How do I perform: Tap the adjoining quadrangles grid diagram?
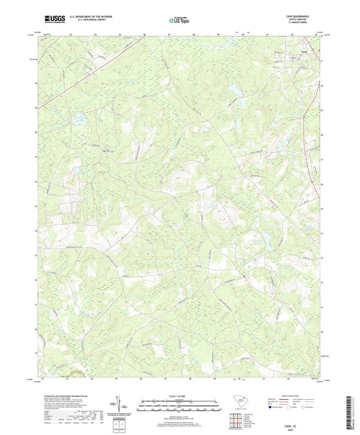coord(238,419)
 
